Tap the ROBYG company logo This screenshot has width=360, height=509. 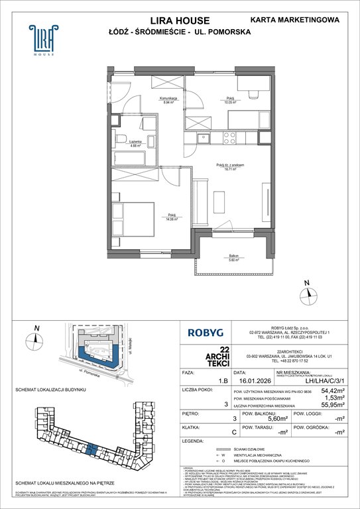[x=204, y=335]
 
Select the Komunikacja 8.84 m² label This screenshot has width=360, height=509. [x=164, y=101]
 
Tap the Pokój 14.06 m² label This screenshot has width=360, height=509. [x=171, y=215]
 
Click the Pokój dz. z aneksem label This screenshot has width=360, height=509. [x=230, y=167]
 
